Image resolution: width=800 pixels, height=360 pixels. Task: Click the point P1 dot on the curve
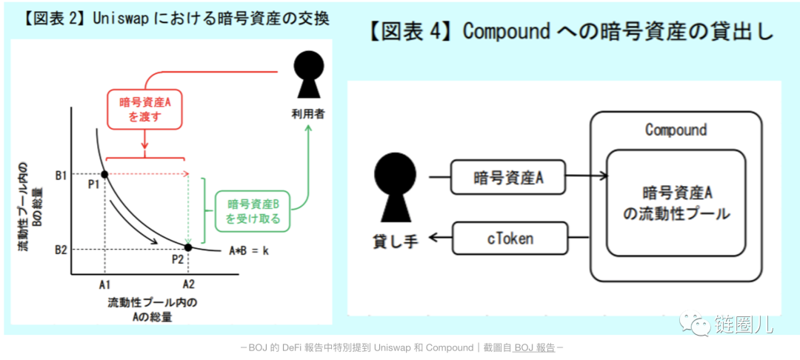[104, 174]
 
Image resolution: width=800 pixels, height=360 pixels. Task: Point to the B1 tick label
[60, 175]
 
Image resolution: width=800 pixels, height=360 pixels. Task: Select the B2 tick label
[60, 249]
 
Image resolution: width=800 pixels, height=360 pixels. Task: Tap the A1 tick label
[104, 284]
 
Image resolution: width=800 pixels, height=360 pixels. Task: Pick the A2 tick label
[188, 284]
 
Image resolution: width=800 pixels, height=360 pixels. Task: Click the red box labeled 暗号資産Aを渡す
[144, 110]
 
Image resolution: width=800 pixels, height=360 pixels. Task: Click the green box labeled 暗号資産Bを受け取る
[253, 211]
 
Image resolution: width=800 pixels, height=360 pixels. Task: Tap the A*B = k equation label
[248, 250]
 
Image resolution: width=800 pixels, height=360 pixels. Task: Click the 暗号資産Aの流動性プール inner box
[676, 202]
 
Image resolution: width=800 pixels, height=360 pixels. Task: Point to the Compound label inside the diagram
[676, 130]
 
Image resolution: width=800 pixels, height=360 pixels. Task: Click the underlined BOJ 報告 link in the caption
[534, 347]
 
